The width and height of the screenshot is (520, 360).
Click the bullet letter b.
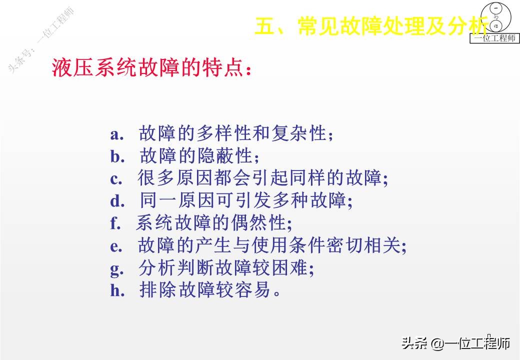pyautogui.click(x=117, y=156)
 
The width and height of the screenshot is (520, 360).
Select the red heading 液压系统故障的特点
pyautogui.click(x=151, y=67)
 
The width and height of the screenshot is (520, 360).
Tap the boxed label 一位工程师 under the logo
pyautogui.click(x=494, y=38)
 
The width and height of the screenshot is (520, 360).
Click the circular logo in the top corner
pyautogui.click(x=496, y=17)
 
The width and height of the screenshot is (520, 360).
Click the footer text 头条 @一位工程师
pyautogui.click(x=455, y=343)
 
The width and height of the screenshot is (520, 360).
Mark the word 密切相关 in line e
pyautogui.click(x=363, y=245)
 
